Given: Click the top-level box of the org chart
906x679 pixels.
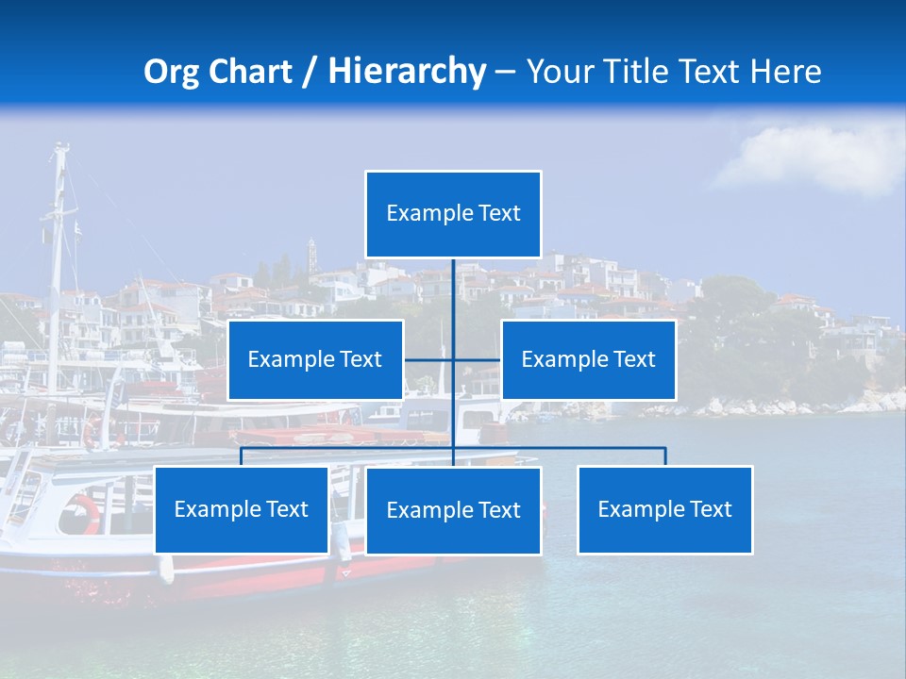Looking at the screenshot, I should (x=453, y=214).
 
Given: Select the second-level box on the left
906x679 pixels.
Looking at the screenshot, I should (x=315, y=359).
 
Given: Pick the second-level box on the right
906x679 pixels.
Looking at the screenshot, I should (x=588, y=359).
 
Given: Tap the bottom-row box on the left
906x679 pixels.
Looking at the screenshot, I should (x=242, y=509).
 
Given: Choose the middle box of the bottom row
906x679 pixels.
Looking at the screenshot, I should (x=453, y=510).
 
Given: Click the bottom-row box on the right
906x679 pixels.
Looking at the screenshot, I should (x=664, y=509).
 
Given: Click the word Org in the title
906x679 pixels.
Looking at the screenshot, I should (x=171, y=72).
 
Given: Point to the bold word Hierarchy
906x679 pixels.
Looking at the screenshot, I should (x=407, y=72).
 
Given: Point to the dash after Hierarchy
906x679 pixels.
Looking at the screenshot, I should (x=505, y=72).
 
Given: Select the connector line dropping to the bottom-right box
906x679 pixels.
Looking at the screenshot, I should (x=665, y=456).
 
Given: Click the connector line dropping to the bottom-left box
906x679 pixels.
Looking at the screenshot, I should (x=242, y=456).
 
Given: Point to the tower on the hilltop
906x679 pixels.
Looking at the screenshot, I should (x=311, y=255).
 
